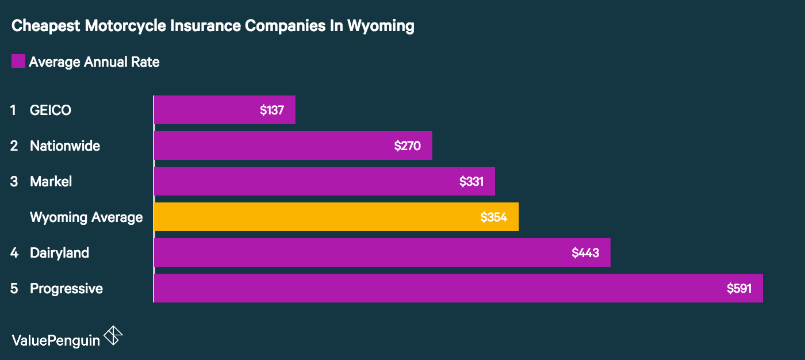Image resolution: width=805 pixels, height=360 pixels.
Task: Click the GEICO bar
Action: (x=224, y=110)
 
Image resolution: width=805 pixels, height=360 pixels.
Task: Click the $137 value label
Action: (x=272, y=110)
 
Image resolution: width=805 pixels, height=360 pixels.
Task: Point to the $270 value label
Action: (x=407, y=146)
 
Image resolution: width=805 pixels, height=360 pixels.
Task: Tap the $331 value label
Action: (x=471, y=182)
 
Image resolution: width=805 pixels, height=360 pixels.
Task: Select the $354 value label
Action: (x=493, y=217)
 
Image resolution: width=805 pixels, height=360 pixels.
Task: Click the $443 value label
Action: (x=585, y=253)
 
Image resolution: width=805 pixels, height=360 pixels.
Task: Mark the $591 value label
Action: (x=739, y=289)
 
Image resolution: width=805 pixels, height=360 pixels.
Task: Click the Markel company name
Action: (x=51, y=182)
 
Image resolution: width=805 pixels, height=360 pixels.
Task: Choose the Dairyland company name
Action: (x=59, y=253)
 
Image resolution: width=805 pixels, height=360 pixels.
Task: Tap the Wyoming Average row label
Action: (x=86, y=217)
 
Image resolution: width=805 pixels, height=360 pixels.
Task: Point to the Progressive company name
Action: (x=66, y=289)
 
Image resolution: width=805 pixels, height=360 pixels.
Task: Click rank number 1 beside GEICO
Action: (x=13, y=110)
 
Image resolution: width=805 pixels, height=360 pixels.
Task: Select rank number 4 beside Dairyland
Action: (x=14, y=253)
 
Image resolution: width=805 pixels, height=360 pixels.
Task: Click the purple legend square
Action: (x=18, y=61)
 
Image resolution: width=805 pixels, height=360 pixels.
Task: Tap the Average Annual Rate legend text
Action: (x=94, y=62)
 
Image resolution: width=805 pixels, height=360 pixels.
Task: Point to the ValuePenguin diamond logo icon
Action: (x=113, y=336)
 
